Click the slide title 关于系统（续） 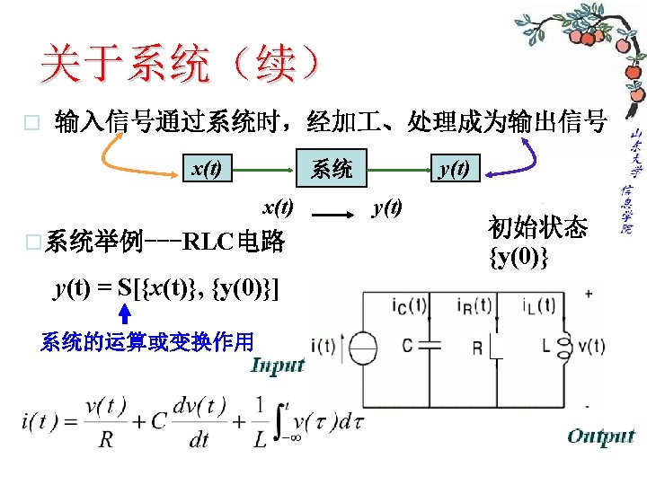[180, 65]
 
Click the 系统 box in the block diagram [332, 168]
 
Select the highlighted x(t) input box [208, 168]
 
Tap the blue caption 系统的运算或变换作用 [147, 341]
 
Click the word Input [279, 365]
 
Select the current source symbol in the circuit [364, 347]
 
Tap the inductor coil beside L [567, 346]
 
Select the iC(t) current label [409, 306]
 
